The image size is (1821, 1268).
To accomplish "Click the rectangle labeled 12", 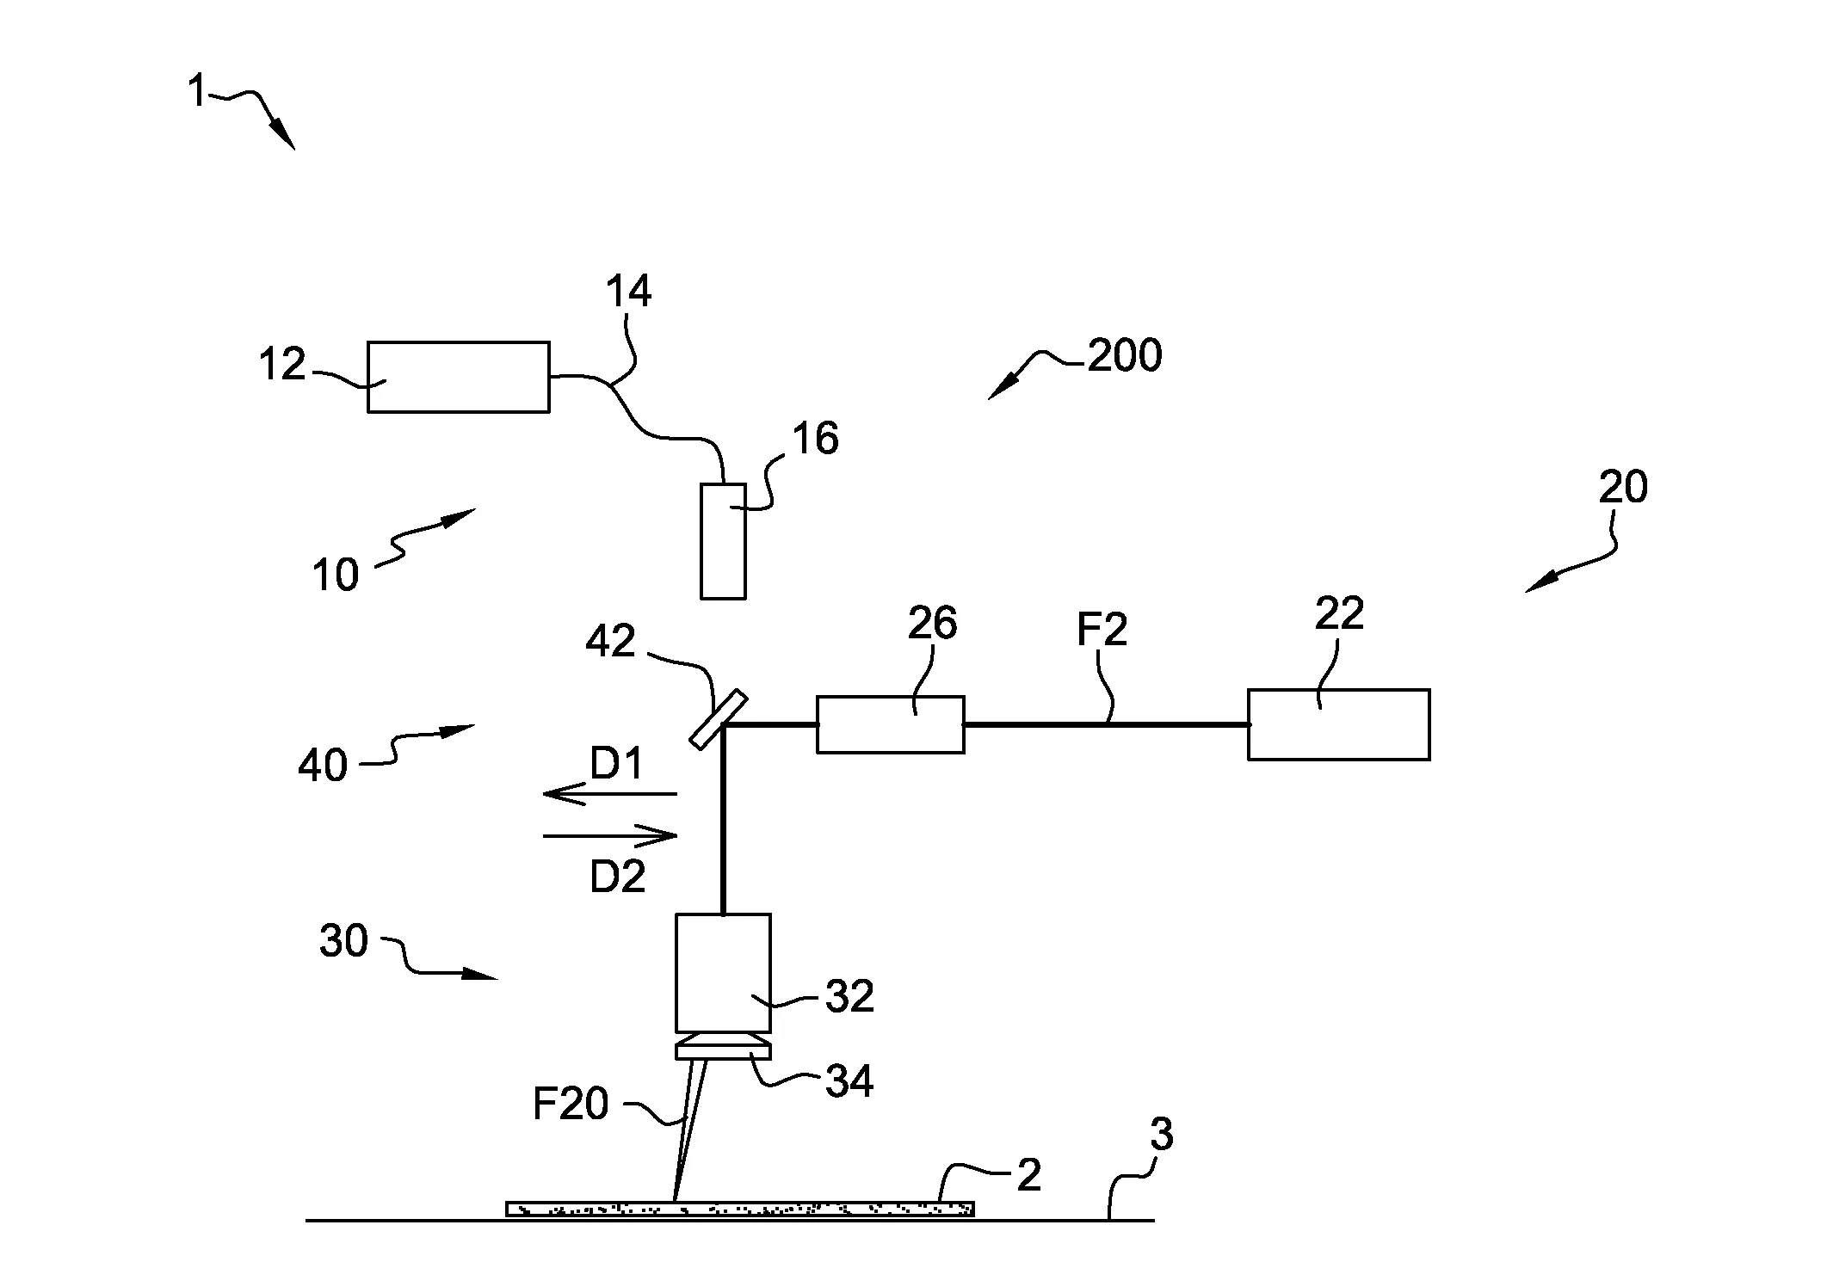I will tap(458, 377).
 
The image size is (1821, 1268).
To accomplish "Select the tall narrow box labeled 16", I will tap(723, 541).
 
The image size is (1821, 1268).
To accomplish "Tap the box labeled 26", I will tap(890, 724).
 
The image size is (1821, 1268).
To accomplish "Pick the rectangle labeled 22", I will tap(1338, 724).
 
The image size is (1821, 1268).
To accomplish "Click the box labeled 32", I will tap(723, 972).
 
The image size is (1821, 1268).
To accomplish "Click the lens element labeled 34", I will tap(723, 1050).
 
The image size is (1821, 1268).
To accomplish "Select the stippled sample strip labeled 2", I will tap(740, 1209).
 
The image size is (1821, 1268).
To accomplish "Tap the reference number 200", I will tap(1124, 355).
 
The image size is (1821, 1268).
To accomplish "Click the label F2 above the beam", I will tap(1102, 631).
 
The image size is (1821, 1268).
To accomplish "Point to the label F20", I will tap(571, 1104).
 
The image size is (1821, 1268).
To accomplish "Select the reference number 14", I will tap(628, 292).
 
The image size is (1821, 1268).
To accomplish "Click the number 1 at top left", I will tap(197, 91).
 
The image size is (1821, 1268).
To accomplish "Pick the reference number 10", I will tap(335, 575).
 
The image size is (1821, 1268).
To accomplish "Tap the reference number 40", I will tap(322, 765).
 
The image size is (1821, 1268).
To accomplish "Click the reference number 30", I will tap(343, 941).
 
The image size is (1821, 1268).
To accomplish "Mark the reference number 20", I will tap(1623, 487).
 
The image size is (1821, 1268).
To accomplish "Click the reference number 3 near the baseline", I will tap(1161, 1136).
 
